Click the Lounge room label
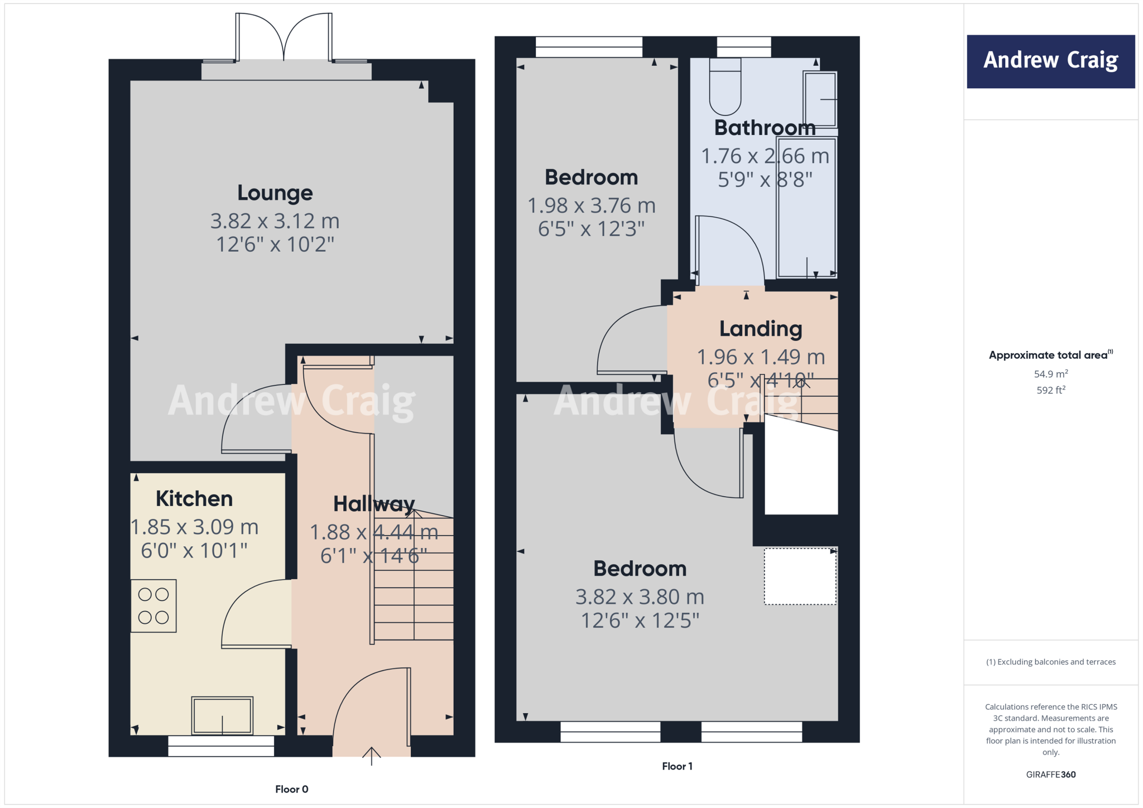tap(275, 193)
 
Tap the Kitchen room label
tap(194, 499)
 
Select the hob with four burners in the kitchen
tap(153, 606)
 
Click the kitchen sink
tap(222, 715)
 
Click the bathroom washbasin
tap(820, 99)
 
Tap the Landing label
tap(761, 329)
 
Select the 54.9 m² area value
tap(1051, 374)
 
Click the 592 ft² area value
tap(1051, 390)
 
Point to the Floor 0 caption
tap(291, 789)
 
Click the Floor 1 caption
tap(677, 766)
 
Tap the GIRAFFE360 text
tap(1051, 775)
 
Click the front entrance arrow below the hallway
tap(372, 756)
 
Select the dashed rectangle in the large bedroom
tap(800, 576)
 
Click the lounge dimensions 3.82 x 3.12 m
tap(275, 221)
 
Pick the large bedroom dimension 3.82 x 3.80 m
tap(640, 597)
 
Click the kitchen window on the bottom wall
tap(221, 746)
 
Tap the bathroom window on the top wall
tap(744, 47)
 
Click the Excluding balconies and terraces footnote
tap(1051, 662)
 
